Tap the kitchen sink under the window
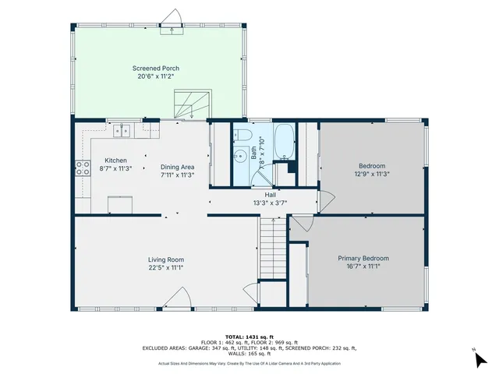121,131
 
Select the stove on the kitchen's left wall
80,166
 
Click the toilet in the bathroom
242,138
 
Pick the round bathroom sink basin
239,155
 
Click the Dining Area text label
178,167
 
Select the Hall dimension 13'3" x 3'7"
270,203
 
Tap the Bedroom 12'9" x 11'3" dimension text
372,174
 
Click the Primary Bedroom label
363,258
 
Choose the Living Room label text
165,259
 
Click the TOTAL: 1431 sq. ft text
249,337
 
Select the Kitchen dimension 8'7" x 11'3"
115,168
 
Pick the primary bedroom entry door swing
302,224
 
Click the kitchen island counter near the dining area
120,205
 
